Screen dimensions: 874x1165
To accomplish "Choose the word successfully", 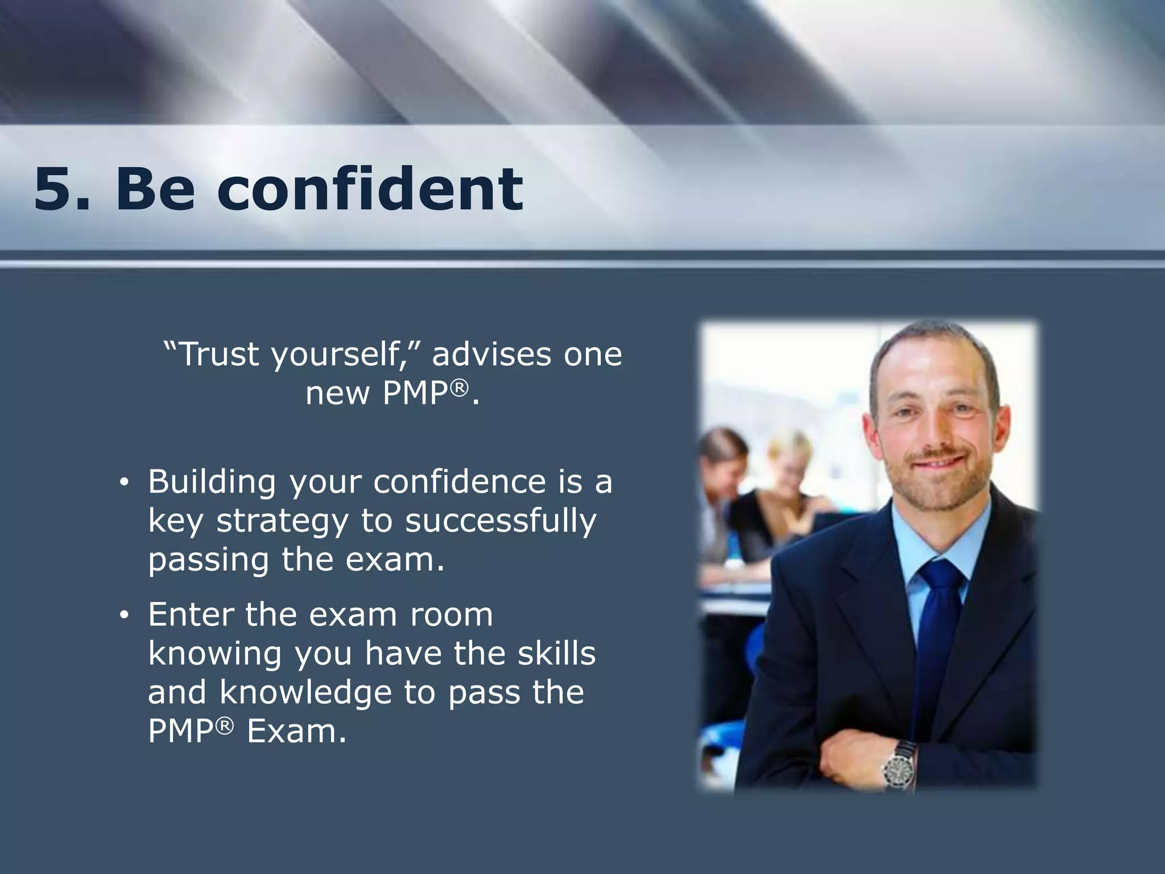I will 501,522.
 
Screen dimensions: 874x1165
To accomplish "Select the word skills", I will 556,653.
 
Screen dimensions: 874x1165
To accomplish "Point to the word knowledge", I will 306,692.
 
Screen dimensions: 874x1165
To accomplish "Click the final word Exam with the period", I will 296,731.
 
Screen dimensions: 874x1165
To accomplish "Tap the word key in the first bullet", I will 175,522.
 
